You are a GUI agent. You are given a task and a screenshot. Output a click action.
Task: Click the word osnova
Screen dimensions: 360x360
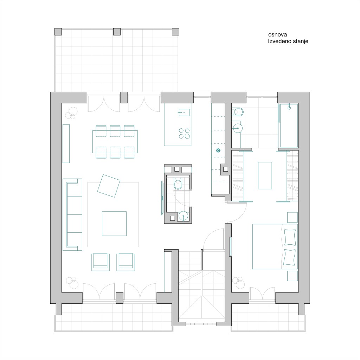click(277, 35)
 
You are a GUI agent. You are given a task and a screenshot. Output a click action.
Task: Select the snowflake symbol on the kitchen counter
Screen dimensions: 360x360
click(218, 150)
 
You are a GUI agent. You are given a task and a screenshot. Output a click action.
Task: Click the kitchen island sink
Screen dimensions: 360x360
click(184, 112)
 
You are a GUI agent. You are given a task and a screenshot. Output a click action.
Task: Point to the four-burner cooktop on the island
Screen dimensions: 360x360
click(184, 133)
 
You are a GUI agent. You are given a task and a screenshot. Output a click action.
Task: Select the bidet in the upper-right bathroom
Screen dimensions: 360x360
click(237, 112)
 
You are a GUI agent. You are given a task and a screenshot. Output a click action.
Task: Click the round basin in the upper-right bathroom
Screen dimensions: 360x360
click(238, 128)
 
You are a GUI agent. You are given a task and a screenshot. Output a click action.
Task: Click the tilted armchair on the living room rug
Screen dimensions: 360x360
click(109, 186)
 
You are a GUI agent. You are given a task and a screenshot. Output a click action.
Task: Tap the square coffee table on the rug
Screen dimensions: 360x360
click(114, 224)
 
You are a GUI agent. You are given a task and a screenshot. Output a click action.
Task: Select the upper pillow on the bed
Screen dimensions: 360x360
click(290, 237)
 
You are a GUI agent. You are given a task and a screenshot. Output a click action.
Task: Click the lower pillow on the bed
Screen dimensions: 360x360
click(290, 257)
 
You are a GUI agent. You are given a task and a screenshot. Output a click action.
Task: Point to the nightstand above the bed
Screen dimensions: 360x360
click(292, 217)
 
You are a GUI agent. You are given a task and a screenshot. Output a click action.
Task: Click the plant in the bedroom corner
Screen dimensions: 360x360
click(238, 282)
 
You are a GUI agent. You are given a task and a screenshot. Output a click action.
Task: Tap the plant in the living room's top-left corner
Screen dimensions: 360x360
click(71, 113)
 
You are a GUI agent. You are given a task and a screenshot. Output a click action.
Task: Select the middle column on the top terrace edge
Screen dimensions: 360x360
click(117, 32)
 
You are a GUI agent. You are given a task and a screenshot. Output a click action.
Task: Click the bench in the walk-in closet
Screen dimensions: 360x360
click(265, 175)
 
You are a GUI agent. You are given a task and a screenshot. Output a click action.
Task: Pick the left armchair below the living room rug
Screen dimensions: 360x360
click(100, 262)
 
